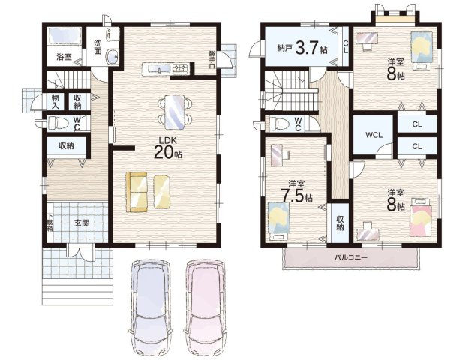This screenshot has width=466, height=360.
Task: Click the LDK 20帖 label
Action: click(x=168, y=148)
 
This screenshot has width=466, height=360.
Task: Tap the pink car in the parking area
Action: click(x=206, y=307)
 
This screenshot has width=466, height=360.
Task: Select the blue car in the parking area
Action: click(x=150, y=307)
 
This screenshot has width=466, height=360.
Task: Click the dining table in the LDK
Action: click(x=175, y=112)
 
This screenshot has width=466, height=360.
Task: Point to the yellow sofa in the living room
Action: click(x=137, y=192)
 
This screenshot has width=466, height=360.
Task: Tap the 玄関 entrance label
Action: click(x=82, y=223)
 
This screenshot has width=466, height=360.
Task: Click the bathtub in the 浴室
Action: click(x=65, y=36)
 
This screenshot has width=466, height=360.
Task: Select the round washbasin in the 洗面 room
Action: click(x=113, y=56)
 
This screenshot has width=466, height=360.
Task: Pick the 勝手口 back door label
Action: click(x=212, y=60)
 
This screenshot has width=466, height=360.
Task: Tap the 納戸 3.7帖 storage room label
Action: click(x=302, y=47)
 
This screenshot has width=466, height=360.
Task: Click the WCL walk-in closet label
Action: click(x=374, y=135)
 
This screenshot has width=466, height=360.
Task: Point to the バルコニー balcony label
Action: click(x=351, y=257)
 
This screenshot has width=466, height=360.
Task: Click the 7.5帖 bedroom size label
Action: click(x=296, y=196)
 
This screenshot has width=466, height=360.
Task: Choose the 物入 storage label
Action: click(x=56, y=101)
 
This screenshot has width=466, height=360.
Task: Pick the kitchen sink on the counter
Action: click(x=159, y=69)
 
